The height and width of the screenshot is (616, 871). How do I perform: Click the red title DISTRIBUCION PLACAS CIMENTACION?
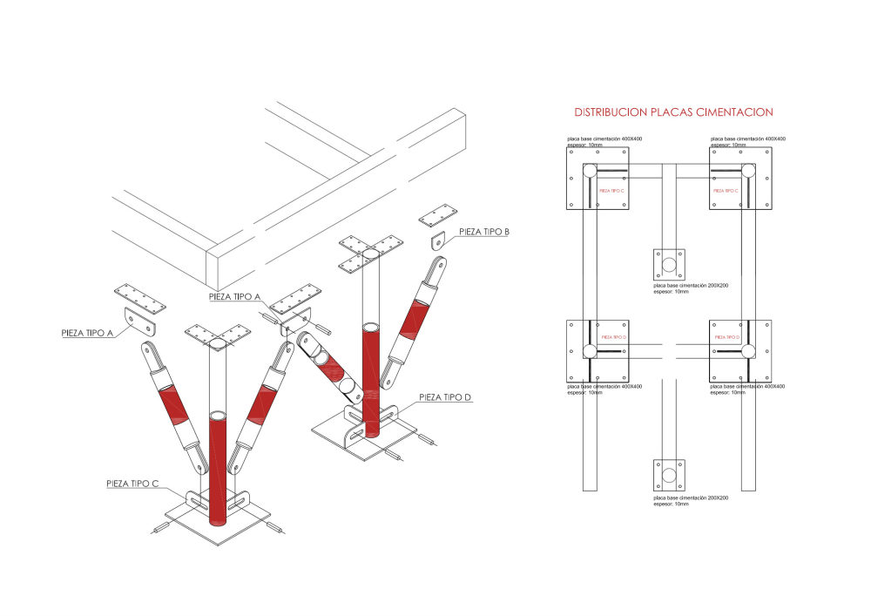[x=673, y=112]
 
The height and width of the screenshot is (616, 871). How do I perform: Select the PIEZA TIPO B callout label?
[x=484, y=231]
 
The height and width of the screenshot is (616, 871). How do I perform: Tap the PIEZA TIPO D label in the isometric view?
[x=444, y=398]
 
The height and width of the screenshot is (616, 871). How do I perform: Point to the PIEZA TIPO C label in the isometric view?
[x=132, y=482]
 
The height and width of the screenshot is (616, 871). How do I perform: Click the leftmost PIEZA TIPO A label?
[x=91, y=332]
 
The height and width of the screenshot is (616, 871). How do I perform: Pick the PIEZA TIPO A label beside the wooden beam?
[x=235, y=296]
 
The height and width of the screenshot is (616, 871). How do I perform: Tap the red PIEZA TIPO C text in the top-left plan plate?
[x=612, y=190]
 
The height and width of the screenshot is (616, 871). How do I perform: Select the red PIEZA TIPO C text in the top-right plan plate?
[x=726, y=190]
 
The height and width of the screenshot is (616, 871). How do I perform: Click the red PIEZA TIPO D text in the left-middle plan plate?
[x=613, y=336]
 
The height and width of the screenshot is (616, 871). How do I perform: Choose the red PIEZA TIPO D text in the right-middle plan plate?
[x=726, y=336]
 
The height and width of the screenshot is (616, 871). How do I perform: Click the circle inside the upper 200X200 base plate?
[x=669, y=264]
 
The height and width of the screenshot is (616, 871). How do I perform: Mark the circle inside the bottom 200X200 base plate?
[x=669, y=476]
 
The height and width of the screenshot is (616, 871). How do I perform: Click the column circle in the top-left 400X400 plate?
[x=590, y=171]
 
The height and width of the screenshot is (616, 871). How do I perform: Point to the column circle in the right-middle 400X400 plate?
[x=747, y=350]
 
